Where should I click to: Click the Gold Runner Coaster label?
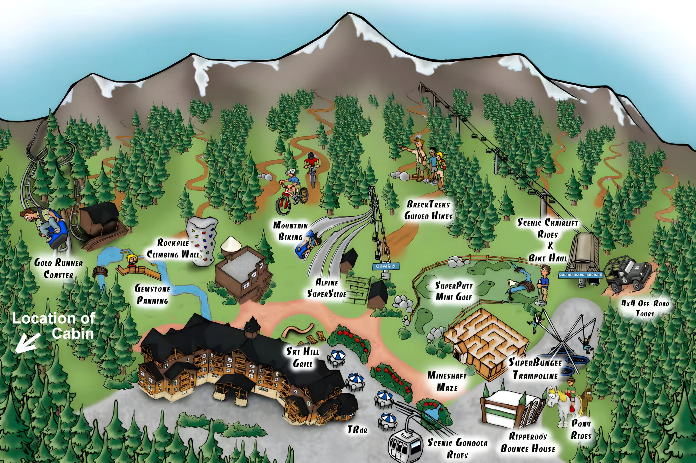point(58,268)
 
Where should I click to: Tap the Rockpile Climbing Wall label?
point(173,248)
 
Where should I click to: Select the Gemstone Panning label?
point(152,294)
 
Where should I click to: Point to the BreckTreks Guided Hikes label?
point(428,210)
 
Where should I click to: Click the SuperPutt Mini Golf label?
point(454,291)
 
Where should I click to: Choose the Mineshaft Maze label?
point(447,382)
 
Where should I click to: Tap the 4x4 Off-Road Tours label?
point(645,308)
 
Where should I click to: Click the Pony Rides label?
point(581,429)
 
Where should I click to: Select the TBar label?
point(357,430)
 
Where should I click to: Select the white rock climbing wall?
point(202,241)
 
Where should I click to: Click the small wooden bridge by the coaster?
point(100,271)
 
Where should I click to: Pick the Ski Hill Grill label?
point(303,358)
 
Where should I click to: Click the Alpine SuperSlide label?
point(327,288)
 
